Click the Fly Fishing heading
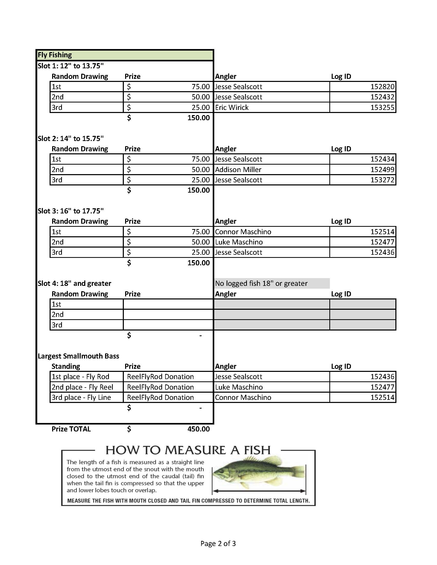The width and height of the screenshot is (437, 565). tap(55, 55)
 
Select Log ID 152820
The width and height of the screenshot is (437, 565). tap(382, 87)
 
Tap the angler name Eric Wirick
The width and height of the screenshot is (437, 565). tap(231, 107)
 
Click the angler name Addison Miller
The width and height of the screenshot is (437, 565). tap(238, 169)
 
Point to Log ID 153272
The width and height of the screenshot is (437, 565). tap(382, 180)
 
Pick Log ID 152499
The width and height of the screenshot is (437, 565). tap(382, 169)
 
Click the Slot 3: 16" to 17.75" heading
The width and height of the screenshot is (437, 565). tap(71, 211)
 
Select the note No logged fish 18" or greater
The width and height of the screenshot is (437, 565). tap(261, 283)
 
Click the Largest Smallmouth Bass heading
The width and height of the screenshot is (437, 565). tap(78, 356)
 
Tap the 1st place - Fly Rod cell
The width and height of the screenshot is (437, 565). tap(80, 377)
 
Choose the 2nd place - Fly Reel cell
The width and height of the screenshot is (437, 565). tap(82, 387)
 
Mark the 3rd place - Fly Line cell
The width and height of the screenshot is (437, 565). tap(81, 397)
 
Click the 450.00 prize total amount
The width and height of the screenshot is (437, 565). tap(198, 429)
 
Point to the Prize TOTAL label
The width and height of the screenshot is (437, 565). tap(71, 429)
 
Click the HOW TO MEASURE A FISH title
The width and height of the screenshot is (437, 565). tap(188, 450)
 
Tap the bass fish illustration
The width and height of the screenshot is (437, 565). tap(259, 472)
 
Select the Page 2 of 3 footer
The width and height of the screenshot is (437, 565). tap(218, 543)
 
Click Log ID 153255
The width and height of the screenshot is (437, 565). tap(382, 107)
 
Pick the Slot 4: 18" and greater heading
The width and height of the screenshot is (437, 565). tap(75, 283)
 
